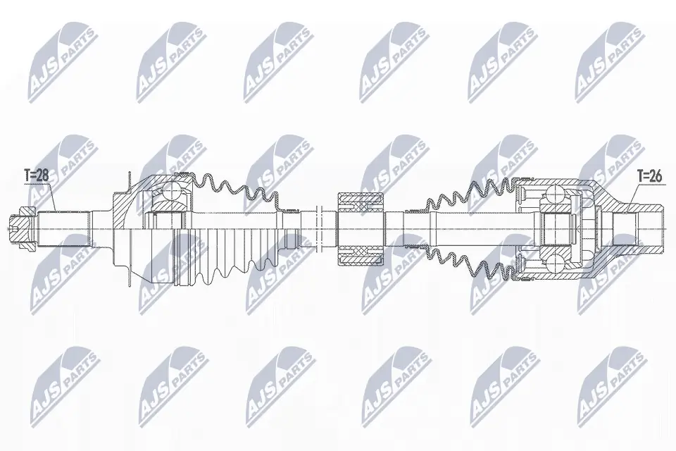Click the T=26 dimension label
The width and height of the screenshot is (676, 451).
coord(649,176)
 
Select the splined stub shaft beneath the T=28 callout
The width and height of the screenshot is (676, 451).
coord(67,224)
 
